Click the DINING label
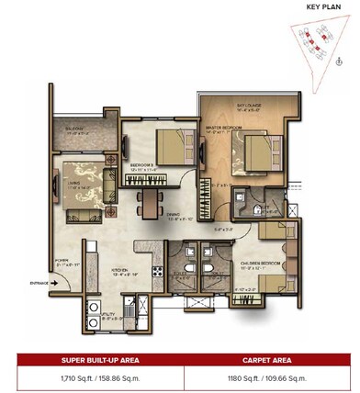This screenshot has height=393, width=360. tap(174, 216)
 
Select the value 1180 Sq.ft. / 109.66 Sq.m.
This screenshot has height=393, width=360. tap(269, 376)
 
